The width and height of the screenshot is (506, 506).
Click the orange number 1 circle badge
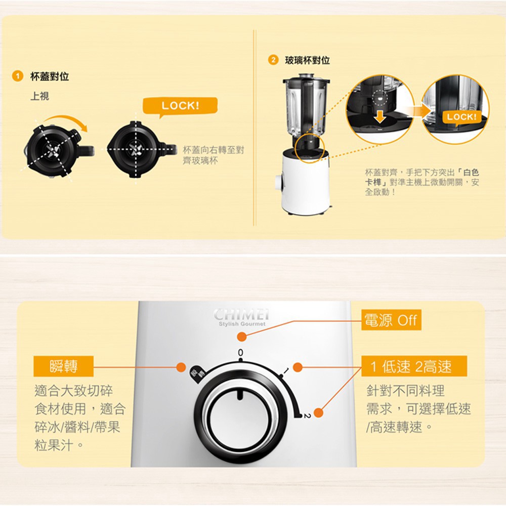point(17,76)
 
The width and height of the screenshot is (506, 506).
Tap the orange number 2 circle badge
point(273,60)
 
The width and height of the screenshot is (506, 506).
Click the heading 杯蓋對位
point(50,76)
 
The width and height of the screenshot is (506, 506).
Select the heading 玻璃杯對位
point(307,60)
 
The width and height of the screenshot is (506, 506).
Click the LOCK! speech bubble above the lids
point(180,106)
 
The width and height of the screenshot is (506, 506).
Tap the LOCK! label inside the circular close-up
point(461,117)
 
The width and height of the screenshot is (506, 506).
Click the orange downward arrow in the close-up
point(380,116)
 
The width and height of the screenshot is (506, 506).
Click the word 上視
point(39,96)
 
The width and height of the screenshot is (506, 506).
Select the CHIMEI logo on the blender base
point(241,314)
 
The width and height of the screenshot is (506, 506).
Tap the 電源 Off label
point(391,320)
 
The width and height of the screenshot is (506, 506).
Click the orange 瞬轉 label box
point(64,366)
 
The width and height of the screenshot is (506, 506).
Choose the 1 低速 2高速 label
point(414,366)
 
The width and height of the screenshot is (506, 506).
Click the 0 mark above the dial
point(240,352)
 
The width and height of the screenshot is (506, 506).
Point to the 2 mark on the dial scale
point(307,416)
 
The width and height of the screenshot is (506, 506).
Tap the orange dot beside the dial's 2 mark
point(318,412)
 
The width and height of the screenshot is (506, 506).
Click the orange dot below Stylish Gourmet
point(242,337)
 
